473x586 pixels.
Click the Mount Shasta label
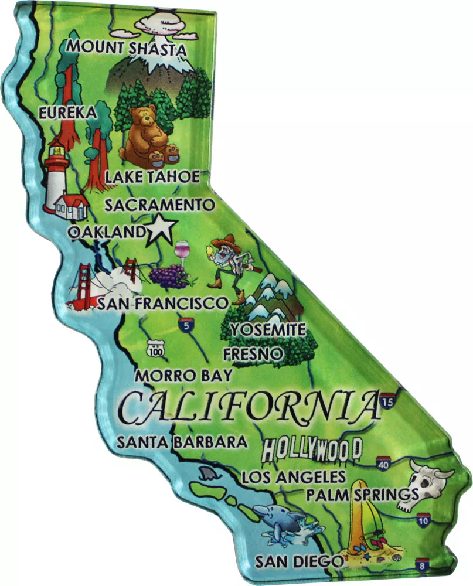(127, 47)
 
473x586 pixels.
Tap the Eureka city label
(66, 113)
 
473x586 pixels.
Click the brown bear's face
(144, 120)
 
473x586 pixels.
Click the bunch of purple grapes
(169, 274)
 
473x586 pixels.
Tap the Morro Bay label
(183, 376)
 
